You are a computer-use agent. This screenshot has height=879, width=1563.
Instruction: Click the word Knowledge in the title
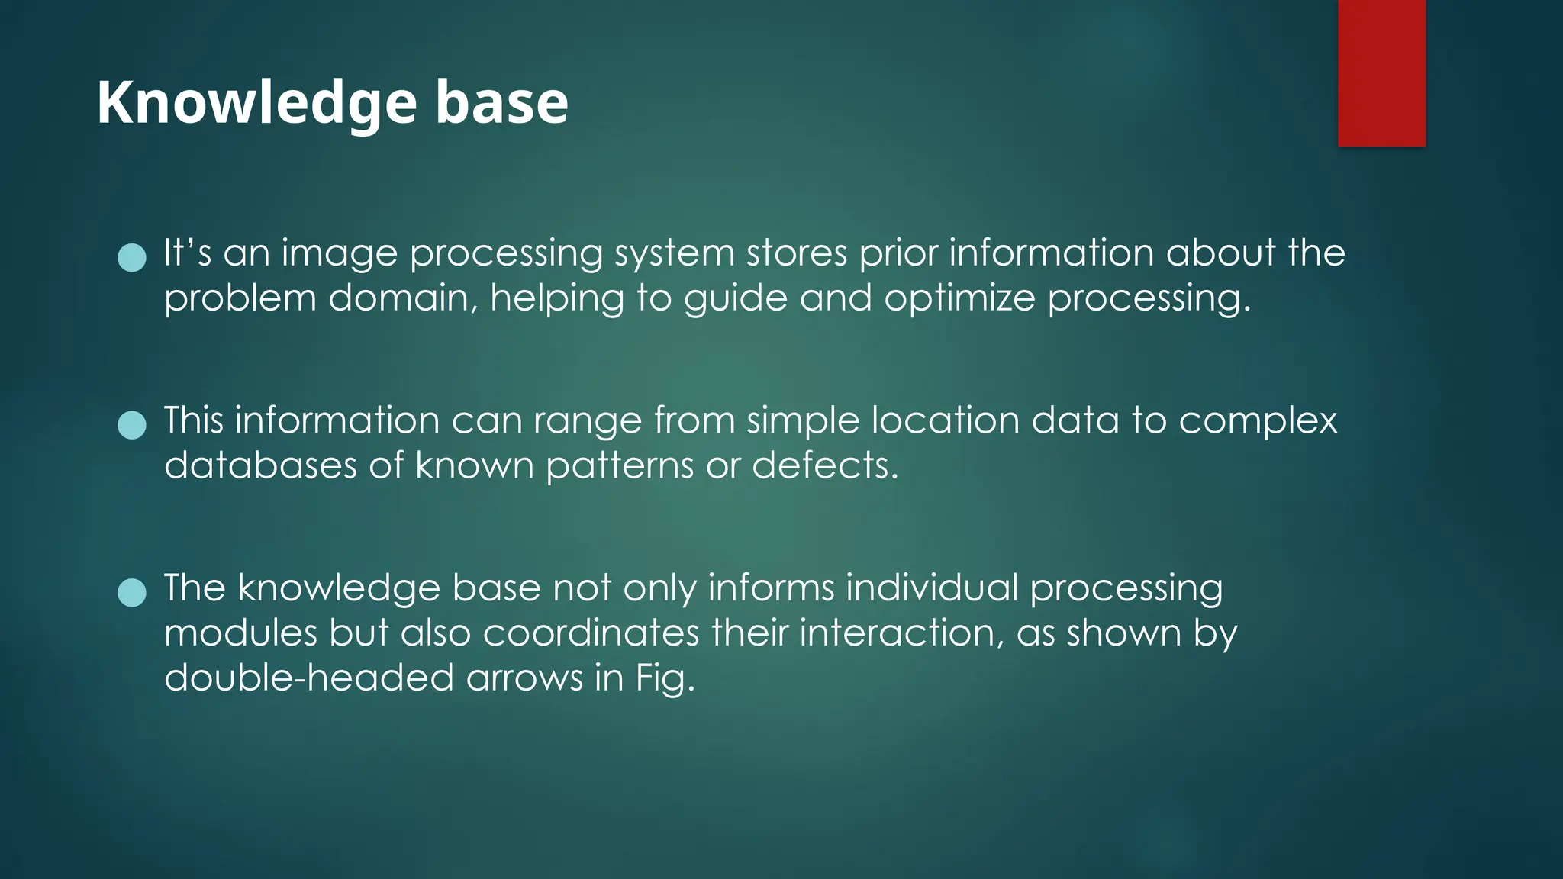(256, 103)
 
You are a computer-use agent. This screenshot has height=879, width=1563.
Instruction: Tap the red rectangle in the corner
(1381, 72)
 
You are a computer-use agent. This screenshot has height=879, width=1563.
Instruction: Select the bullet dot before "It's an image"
(132, 258)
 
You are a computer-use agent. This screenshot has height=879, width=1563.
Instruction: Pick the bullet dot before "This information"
(132, 425)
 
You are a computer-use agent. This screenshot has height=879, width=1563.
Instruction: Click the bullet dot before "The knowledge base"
(132, 592)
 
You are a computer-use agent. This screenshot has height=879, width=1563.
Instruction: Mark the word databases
(260, 465)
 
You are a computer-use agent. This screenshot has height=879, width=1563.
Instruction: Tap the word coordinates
(591, 633)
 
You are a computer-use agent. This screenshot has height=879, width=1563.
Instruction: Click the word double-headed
(309, 678)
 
